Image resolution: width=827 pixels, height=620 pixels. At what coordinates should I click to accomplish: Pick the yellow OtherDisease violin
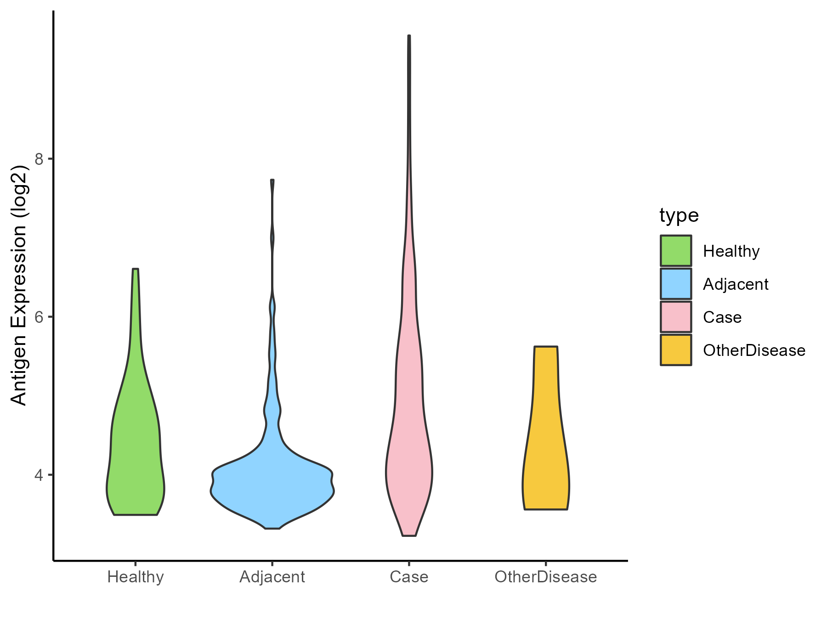coord(545,450)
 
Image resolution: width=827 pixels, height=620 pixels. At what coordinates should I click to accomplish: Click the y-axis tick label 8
coord(39,159)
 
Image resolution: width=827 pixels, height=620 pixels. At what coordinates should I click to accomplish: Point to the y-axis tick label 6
coord(39,317)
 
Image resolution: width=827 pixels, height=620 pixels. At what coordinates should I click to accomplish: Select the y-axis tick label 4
coord(39,475)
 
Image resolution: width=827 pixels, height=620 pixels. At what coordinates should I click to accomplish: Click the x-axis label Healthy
coord(135,577)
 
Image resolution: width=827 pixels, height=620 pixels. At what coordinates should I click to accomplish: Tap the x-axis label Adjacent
coord(272,577)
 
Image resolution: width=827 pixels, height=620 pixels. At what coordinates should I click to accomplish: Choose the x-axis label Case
coord(409,577)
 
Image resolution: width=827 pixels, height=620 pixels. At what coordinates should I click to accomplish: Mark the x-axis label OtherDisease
coord(545,577)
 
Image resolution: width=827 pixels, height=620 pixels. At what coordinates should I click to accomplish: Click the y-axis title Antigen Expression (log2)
coord(19,285)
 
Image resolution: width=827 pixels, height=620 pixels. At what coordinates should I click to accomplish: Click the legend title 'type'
coord(679,215)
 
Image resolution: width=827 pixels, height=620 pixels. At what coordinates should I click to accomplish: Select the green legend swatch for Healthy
coord(676,251)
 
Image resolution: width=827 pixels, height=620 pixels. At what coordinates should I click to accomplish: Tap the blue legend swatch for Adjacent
coord(676,284)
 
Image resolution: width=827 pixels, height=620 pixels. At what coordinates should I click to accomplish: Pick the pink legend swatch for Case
coord(676,317)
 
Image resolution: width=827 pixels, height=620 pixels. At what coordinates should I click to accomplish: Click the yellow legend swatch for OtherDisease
coord(676,350)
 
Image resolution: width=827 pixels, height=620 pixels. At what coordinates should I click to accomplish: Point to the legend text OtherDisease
coord(754,350)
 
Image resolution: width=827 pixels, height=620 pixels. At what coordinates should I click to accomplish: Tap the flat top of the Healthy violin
coord(135,269)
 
